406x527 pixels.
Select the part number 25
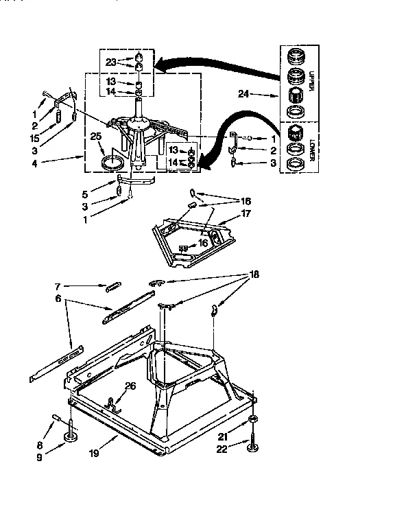96,137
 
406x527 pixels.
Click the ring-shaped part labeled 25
112,163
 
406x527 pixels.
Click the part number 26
131,386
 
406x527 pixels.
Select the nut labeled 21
254,419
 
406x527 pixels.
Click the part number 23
111,61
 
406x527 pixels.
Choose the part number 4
35,163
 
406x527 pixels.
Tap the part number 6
58,299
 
